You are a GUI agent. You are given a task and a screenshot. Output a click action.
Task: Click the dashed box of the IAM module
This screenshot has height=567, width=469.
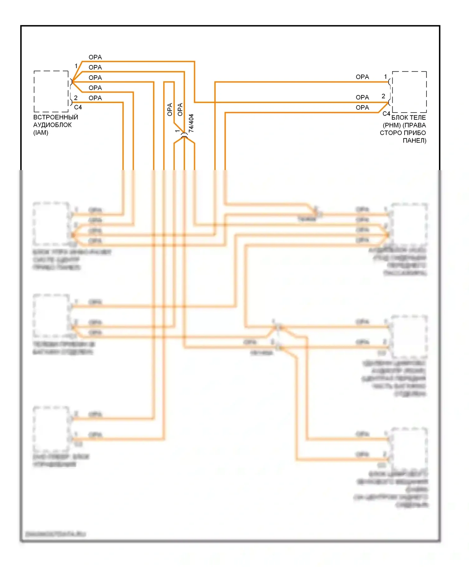pyautogui.click(x=51, y=91)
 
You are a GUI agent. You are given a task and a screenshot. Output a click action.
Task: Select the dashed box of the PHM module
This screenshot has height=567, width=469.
pyautogui.click(x=409, y=92)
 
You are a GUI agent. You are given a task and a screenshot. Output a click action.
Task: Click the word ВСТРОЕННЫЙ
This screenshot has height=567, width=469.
pyautogui.click(x=56, y=117)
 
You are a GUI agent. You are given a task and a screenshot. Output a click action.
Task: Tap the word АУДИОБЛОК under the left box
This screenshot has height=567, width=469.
pyautogui.click(x=53, y=125)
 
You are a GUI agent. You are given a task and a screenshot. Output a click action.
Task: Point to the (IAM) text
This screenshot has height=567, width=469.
pyautogui.click(x=41, y=133)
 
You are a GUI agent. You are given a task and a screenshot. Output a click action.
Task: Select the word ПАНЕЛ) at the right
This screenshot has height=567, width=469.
pyautogui.click(x=414, y=141)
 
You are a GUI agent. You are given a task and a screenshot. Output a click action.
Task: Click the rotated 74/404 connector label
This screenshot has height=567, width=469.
pyautogui.click(x=191, y=123)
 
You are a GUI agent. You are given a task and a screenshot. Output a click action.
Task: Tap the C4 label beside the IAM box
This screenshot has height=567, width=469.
pyautogui.click(x=78, y=108)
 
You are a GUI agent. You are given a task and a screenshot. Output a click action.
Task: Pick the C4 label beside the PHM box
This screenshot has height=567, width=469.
pyautogui.click(x=386, y=114)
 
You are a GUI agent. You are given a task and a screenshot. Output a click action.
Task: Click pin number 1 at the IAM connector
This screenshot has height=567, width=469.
pyautogui.click(x=76, y=66)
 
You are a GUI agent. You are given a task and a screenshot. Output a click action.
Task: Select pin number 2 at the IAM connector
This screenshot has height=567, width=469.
pyautogui.click(x=76, y=98)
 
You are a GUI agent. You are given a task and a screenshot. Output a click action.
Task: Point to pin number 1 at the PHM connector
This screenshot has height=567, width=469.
pyautogui.click(x=386, y=77)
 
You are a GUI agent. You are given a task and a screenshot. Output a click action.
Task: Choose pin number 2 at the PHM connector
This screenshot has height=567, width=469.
pyautogui.click(x=383, y=96)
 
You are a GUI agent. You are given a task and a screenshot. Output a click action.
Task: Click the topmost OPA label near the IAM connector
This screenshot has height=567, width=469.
pyautogui.click(x=95, y=57)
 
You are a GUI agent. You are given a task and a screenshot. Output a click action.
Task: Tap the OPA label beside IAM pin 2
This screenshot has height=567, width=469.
pyautogui.click(x=95, y=98)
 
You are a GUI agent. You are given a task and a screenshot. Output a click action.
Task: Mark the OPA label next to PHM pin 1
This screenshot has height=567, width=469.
pyautogui.click(x=362, y=77)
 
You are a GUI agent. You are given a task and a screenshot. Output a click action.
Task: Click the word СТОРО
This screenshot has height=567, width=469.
pyautogui.click(x=390, y=133)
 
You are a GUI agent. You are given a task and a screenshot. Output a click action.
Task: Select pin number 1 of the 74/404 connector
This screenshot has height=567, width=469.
pyautogui.click(x=177, y=131)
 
